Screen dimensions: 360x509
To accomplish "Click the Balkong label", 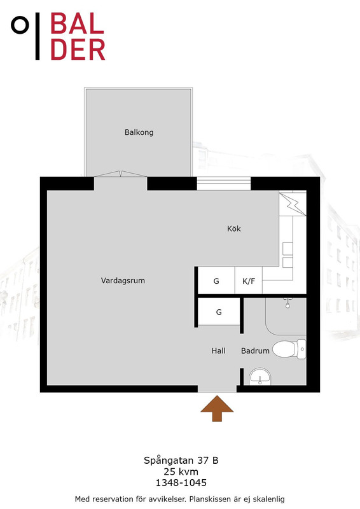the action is coord(139,132).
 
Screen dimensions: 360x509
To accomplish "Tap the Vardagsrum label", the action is coord(123,281).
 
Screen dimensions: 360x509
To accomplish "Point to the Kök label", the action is coord(233,228).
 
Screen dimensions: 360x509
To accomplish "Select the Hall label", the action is coord(218,351).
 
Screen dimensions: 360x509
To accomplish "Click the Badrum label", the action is coord(255,351).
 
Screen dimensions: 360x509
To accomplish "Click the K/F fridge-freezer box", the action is coord(249,281).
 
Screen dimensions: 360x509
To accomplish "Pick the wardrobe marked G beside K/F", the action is coord(216,281).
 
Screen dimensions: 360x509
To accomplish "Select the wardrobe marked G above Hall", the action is coord(219,312).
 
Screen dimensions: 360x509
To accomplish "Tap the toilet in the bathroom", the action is coord(289,349).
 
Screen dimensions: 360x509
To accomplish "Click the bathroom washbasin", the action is coord(260,377).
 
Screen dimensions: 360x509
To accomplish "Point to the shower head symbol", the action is coord(287,303).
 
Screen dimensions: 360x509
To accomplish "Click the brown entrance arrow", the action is coord(217,408).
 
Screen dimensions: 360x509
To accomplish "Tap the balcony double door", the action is coord(120,174).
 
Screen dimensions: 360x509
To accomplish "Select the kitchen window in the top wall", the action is coord(224,184).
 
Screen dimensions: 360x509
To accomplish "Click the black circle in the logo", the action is coord(20,25).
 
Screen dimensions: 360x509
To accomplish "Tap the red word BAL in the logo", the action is coord(77,24).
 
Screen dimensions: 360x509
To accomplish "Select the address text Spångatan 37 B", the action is coord(181,460).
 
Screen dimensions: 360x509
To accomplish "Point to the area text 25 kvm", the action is coord(181,471).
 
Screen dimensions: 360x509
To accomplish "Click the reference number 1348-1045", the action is coord(181,483).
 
